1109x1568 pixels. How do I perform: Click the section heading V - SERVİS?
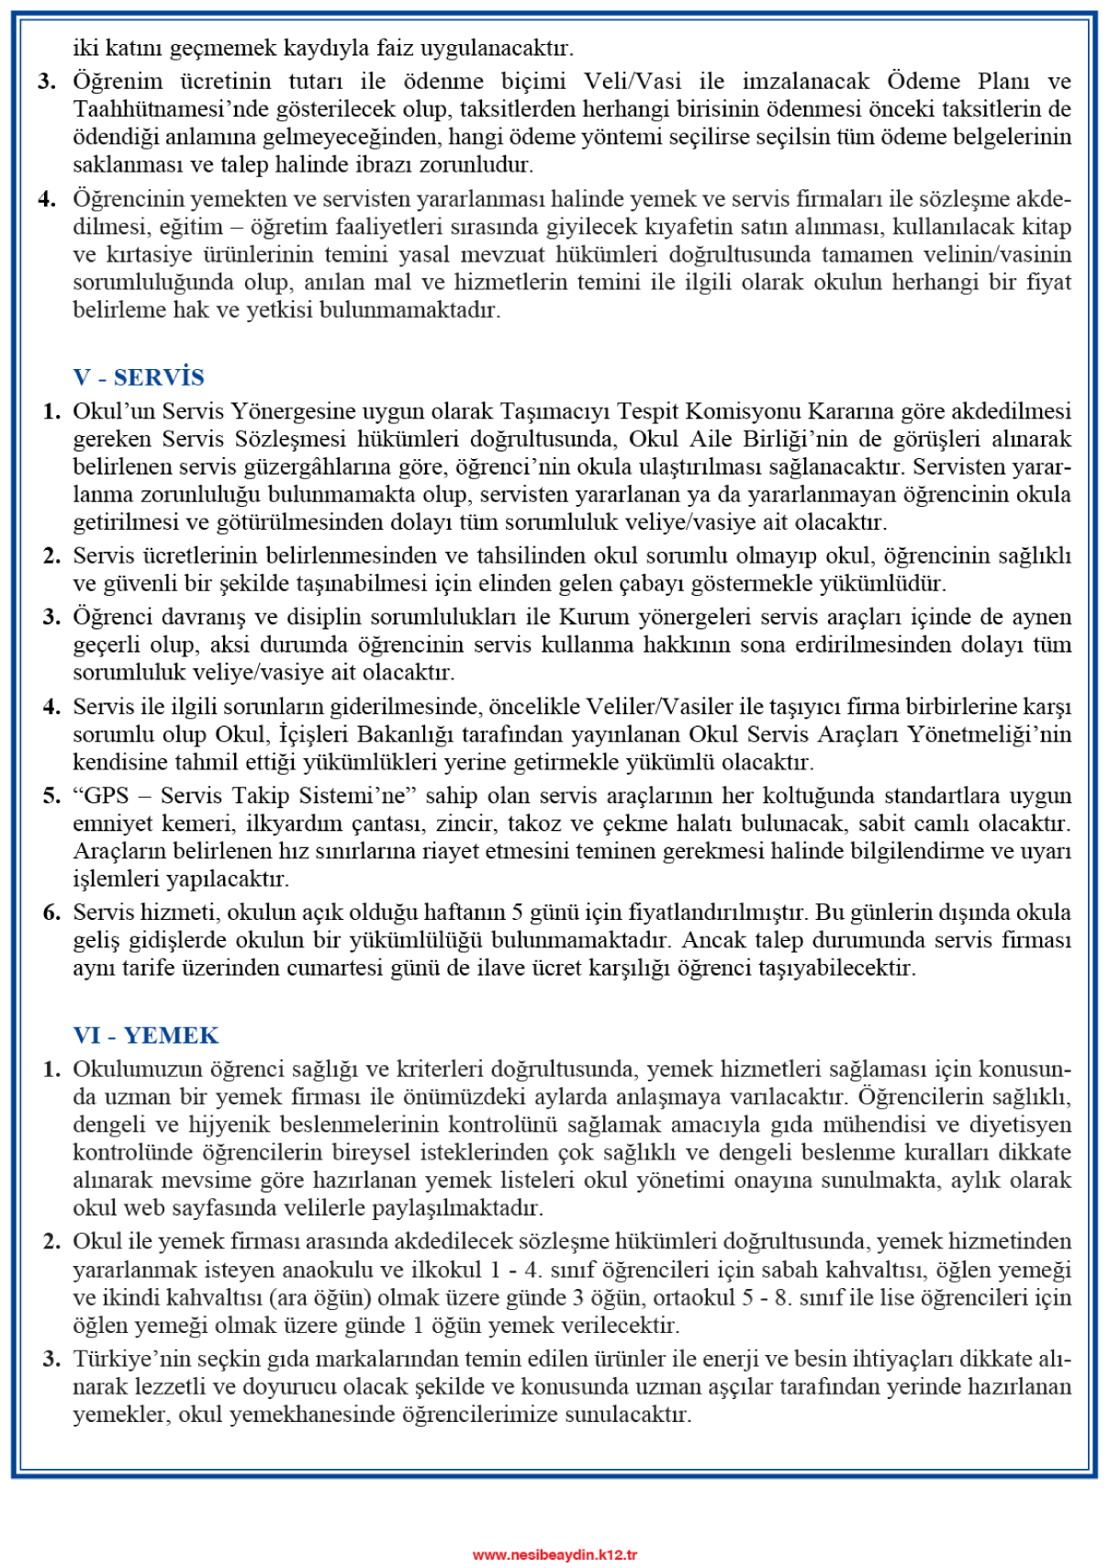pos(139,377)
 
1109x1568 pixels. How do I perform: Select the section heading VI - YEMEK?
pos(146,1036)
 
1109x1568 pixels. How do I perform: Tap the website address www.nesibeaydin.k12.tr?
pos(554,1554)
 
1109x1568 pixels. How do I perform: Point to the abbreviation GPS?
pos(106,795)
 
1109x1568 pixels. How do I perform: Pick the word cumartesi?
pos(340,968)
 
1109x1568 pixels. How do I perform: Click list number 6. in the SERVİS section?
pos(52,913)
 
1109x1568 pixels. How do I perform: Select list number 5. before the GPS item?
pos(52,795)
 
